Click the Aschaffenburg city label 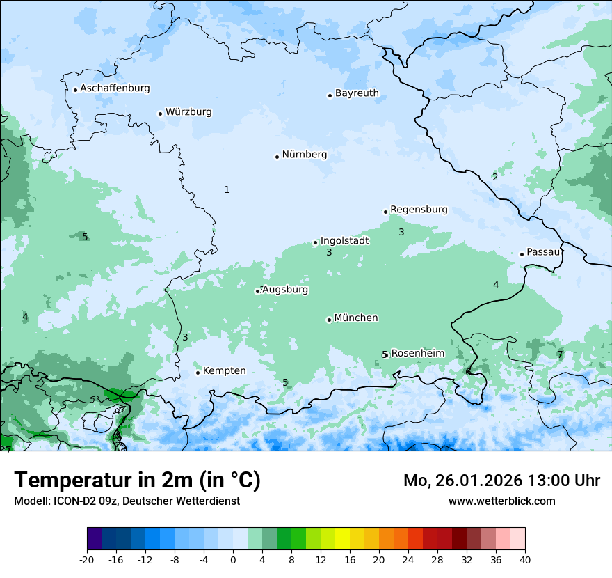pos(115,88)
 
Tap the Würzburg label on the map pos(188,112)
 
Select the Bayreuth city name pos(357,93)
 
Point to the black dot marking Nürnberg pos(277,157)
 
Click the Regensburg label pos(419,210)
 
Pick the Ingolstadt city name pos(344,241)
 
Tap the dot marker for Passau pos(522,254)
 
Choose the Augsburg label pos(285,290)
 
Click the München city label pos(356,318)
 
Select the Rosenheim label pos(417,354)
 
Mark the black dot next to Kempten pos(198,373)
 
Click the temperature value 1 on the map pos(227,189)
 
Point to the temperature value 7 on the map pos(560,354)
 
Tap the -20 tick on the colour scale pos(87,560)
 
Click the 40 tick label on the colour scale pos(525,560)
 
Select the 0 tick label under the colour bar pos(233,560)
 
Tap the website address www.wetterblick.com pos(501,501)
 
